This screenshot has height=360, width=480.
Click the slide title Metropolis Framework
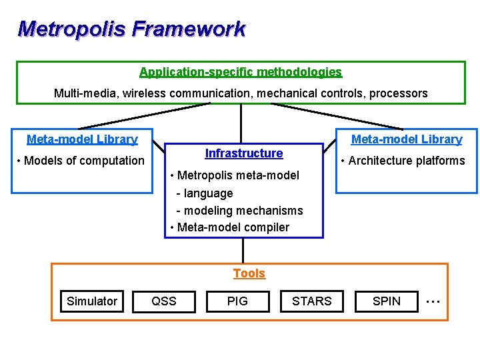(x=131, y=29)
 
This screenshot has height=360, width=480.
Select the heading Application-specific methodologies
(x=241, y=72)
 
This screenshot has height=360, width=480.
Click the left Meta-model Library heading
(x=82, y=139)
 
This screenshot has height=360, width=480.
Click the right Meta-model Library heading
(x=407, y=139)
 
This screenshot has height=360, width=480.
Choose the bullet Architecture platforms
(x=403, y=160)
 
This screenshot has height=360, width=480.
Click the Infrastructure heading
(x=244, y=153)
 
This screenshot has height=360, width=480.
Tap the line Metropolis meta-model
(x=235, y=175)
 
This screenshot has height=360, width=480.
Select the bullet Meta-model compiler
(x=230, y=227)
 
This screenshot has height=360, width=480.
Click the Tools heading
(x=249, y=273)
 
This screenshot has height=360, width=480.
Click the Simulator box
(x=92, y=301)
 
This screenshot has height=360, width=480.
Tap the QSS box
(x=164, y=301)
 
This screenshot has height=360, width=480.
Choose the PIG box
(x=237, y=301)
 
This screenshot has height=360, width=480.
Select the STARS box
(x=311, y=301)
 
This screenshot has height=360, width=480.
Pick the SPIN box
(x=387, y=301)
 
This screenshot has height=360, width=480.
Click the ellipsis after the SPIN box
(x=433, y=301)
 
